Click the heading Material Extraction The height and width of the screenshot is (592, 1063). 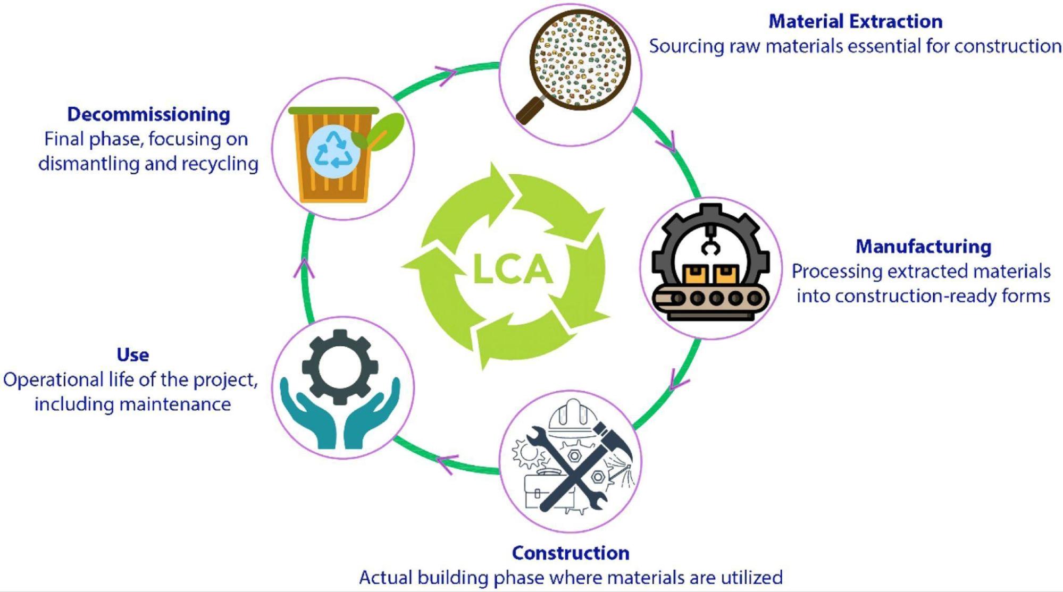point(855,22)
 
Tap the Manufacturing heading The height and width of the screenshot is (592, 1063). point(923,247)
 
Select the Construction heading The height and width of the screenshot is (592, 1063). point(571,553)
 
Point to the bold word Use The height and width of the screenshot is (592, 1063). point(133,354)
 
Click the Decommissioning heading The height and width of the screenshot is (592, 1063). point(149,114)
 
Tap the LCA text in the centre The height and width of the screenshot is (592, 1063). point(512,269)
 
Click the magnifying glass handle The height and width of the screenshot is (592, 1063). point(531,111)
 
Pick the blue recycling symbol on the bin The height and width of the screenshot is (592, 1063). point(333,149)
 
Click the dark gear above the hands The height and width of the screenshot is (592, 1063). point(340,366)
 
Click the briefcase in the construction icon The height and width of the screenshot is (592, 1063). point(542,492)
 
